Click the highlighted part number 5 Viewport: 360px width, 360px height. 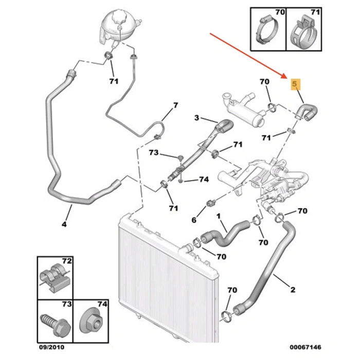[295, 84]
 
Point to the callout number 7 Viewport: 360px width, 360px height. [175, 106]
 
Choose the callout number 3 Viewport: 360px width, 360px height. [196, 119]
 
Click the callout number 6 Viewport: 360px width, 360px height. [194, 220]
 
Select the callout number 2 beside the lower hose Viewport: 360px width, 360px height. [293, 290]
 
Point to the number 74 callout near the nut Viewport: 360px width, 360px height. [204, 179]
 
